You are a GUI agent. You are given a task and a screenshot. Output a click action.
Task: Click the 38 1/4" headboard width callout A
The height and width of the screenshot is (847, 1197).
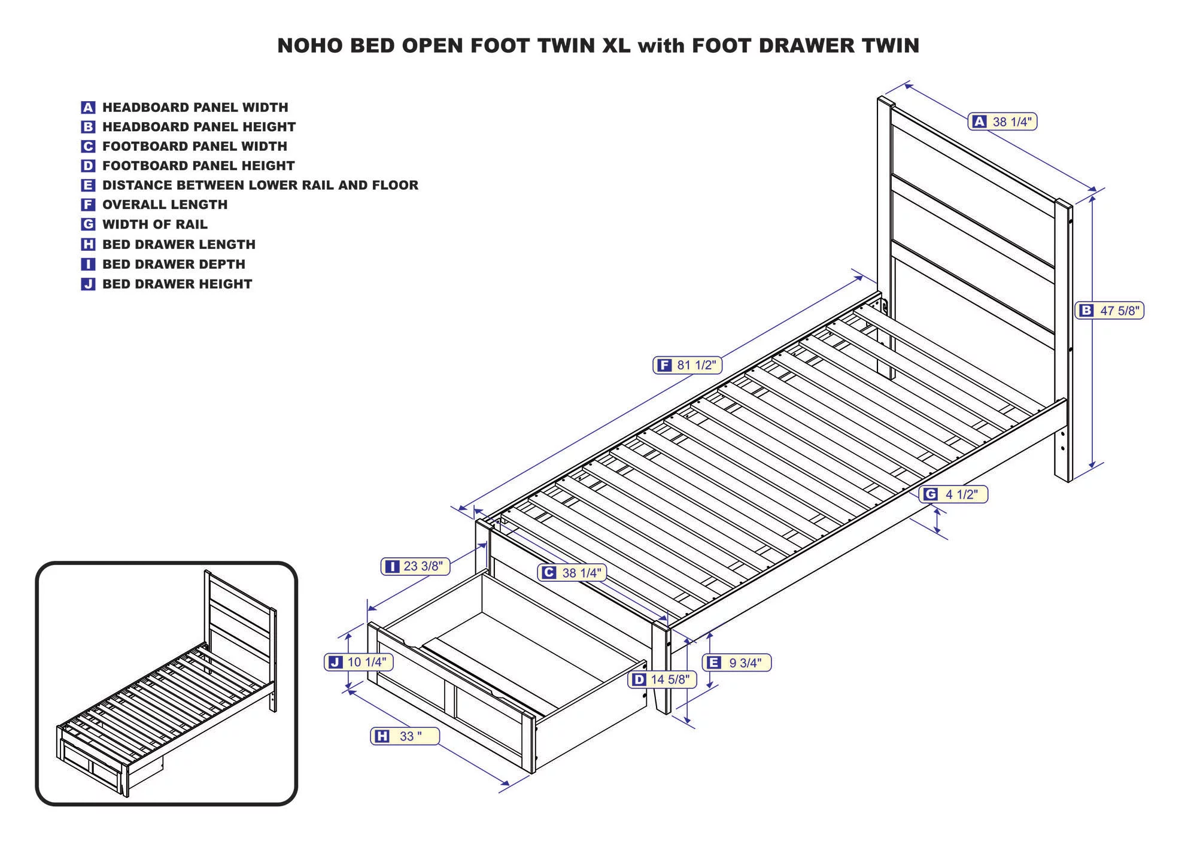pyautogui.click(x=1002, y=122)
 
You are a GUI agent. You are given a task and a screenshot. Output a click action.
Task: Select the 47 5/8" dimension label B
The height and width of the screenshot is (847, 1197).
pyautogui.click(x=1110, y=311)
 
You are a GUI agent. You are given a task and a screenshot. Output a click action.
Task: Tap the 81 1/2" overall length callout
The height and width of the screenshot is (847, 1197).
pyautogui.click(x=687, y=365)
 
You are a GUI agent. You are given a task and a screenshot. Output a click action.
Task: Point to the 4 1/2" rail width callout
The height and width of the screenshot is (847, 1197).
pyautogui.click(x=953, y=494)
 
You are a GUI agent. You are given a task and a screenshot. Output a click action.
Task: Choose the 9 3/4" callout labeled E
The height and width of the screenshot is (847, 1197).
pyautogui.click(x=736, y=663)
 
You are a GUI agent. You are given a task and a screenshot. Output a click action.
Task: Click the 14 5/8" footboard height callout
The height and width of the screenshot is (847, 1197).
pyautogui.click(x=662, y=679)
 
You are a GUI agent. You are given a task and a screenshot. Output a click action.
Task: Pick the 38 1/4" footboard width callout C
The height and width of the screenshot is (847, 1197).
pyautogui.click(x=572, y=573)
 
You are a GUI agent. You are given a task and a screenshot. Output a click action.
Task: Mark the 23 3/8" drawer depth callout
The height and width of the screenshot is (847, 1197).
pyautogui.click(x=415, y=566)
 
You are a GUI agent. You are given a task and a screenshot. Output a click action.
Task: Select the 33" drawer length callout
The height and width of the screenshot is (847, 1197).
pyautogui.click(x=405, y=736)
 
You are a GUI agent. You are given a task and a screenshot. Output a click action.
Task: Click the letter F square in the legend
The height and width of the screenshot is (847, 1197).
pyautogui.click(x=88, y=205)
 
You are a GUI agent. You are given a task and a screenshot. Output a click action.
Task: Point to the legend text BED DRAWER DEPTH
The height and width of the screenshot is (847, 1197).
pyautogui.click(x=174, y=264)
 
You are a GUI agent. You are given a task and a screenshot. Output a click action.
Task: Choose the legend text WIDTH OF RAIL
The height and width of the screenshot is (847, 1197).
pyautogui.click(x=155, y=224)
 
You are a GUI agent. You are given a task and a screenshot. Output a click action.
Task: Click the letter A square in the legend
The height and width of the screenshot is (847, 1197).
pyautogui.click(x=88, y=108)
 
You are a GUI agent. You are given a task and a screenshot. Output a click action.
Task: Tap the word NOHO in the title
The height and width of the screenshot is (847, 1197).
pyautogui.click(x=310, y=46)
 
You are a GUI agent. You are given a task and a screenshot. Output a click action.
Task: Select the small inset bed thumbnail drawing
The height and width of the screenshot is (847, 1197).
pyautogui.click(x=166, y=683)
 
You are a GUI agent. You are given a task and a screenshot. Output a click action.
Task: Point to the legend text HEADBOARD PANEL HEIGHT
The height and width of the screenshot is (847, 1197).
pyautogui.click(x=199, y=127)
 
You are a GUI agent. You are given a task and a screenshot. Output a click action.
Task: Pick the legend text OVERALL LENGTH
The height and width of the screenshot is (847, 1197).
pyautogui.click(x=165, y=205)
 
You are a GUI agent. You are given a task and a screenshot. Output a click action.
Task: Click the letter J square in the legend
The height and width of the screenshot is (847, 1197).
pyautogui.click(x=88, y=284)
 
